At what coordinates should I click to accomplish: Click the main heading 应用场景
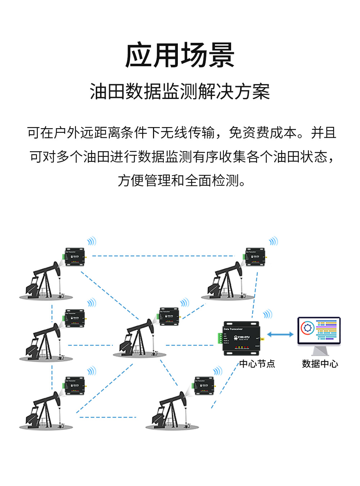click(x=180, y=55)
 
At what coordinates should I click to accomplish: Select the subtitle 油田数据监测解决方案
click(x=180, y=91)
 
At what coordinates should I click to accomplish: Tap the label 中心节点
click(x=257, y=364)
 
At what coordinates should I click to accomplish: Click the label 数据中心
click(x=320, y=364)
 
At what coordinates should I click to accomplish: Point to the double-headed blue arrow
click(x=280, y=334)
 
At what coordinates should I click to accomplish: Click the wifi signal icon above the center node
click(x=267, y=314)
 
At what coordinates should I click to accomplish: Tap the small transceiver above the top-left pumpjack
click(x=75, y=257)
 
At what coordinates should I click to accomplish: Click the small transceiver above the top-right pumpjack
click(x=255, y=257)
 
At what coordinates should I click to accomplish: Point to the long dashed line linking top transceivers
click(x=164, y=256)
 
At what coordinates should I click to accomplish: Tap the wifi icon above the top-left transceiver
click(x=92, y=241)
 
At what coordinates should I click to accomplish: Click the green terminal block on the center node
click(x=220, y=338)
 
